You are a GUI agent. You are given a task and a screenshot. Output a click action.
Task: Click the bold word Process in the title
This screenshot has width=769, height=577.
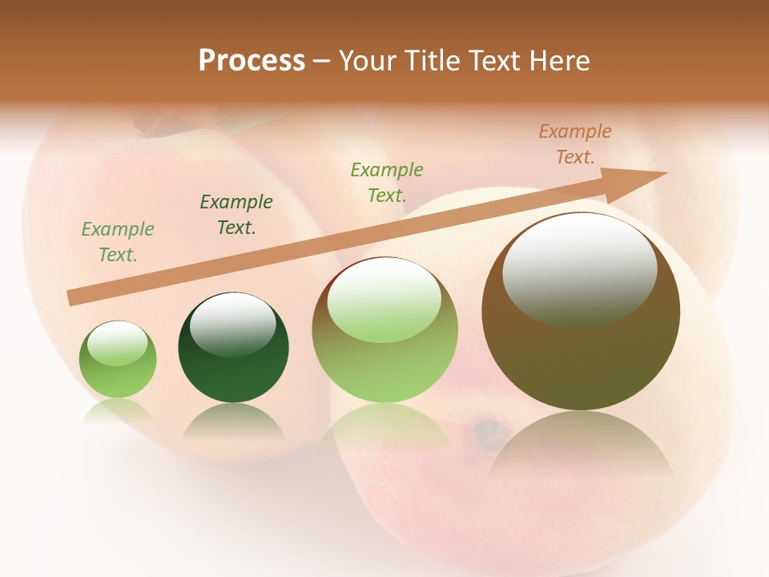point(252,61)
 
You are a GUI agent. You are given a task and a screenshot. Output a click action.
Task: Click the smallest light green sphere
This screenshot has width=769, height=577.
point(118,360)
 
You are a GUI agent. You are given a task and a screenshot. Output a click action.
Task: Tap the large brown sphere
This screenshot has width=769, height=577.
point(581,313)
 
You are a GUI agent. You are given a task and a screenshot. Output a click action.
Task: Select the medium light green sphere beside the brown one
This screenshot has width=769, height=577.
point(384,330)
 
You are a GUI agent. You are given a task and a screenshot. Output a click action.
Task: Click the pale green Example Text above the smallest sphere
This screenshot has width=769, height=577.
point(118,242)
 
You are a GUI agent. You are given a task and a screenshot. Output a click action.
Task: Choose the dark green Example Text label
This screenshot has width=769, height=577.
point(236,215)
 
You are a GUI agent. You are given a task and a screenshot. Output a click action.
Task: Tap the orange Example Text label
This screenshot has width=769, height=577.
point(575,144)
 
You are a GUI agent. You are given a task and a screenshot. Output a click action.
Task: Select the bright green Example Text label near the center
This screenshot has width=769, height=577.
point(387,182)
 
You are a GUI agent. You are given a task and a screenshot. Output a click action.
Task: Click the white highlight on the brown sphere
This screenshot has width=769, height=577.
point(579,268)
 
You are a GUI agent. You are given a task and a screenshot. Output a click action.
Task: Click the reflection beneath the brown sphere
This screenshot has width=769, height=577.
point(581,449)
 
